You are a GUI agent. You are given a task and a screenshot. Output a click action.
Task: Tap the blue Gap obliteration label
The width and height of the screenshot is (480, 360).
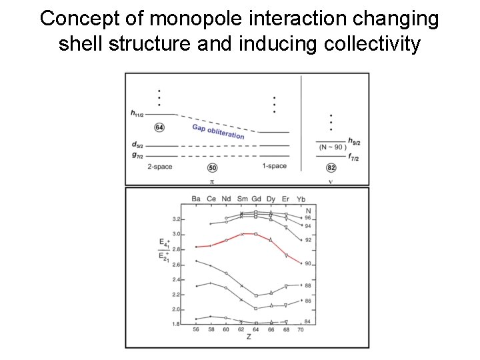pos(218,131)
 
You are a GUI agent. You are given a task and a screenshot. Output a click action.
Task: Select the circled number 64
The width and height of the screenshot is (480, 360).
pos(160,127)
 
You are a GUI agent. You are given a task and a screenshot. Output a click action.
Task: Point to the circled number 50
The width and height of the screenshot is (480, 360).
pos(212,168)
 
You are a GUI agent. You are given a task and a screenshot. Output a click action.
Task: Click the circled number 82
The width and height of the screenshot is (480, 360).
pos(331,168)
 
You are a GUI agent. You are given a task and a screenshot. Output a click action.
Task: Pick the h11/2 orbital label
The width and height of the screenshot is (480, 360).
pos(139,113)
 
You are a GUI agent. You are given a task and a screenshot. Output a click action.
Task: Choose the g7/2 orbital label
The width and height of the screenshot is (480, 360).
pos(138,155)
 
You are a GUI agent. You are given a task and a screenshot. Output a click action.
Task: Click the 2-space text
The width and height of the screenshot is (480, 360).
pos(161,166)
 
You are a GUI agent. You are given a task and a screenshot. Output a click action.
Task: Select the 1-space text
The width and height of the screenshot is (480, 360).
pos(274,166)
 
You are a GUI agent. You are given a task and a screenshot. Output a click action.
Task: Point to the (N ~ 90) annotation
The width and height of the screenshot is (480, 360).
pos(332,147)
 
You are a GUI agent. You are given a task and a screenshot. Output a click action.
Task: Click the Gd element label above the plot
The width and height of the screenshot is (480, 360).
pos(256,199)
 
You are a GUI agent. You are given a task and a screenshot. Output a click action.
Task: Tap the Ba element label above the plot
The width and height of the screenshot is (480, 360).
pos(196,199)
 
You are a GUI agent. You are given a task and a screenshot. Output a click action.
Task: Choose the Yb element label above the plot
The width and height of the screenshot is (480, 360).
pos(301,199)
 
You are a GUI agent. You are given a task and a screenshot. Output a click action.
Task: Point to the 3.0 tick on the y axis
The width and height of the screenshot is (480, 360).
pos(176,234)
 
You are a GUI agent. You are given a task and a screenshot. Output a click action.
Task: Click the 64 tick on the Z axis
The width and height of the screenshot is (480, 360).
pos(256,329)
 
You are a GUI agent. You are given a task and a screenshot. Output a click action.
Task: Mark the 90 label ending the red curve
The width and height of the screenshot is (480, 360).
pos(308,264)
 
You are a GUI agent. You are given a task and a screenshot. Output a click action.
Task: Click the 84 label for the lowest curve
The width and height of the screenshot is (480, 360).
pos(308,321)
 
